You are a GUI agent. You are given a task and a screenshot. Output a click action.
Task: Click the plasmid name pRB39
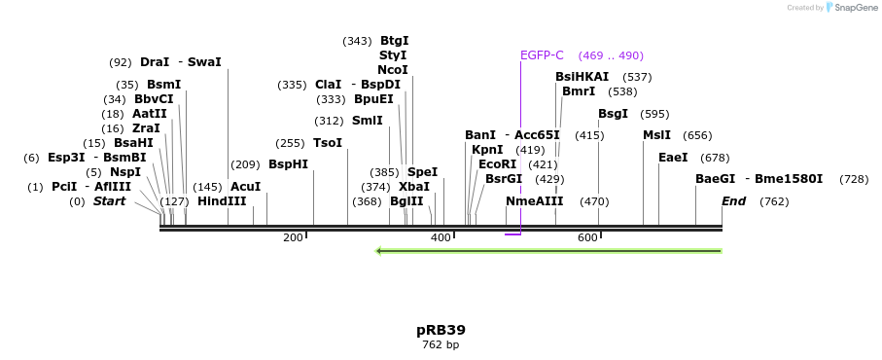point(441,330)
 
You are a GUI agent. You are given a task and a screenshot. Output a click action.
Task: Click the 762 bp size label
point(441,344)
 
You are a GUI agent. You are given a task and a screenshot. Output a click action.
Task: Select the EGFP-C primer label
point(542,55)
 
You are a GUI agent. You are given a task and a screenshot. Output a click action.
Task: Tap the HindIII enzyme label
point(222,201)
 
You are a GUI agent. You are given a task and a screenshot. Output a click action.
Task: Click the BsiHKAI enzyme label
point(582,77)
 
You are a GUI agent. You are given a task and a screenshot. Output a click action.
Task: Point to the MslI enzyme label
point(656,135)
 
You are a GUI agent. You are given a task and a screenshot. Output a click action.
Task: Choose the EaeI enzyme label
point(673,158)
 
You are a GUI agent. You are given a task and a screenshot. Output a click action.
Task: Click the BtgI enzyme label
point(394,41)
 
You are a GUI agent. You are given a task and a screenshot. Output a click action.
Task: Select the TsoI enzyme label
point(328,143)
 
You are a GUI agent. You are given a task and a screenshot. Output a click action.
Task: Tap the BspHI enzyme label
point(288,164)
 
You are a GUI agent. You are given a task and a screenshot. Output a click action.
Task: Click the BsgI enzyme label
point(613,114)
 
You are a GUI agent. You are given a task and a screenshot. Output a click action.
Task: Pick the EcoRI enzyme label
point(498,164)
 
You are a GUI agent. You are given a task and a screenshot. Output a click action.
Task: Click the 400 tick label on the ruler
point(441,238)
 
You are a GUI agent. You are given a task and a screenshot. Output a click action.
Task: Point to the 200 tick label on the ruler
point(293,238)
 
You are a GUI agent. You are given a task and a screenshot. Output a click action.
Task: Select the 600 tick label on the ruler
point(587,238)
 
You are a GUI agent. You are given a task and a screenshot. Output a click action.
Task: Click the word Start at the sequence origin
point(109,201)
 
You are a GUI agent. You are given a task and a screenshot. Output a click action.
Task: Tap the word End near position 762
point(733,201)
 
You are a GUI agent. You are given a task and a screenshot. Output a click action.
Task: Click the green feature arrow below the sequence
point(548,251)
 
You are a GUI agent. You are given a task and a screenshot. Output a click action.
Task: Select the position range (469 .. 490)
point(611,55)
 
